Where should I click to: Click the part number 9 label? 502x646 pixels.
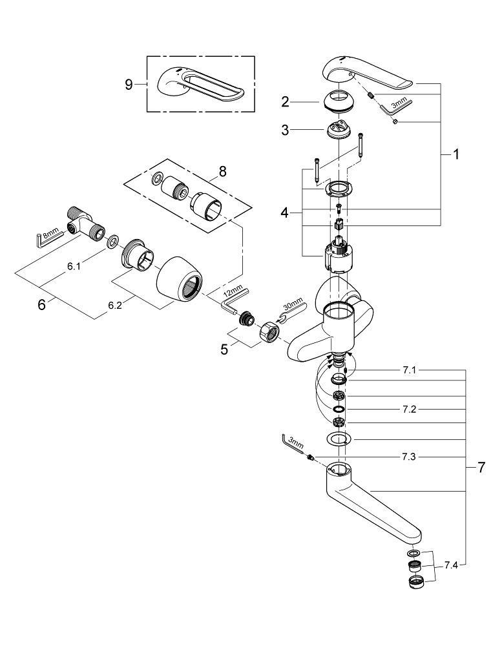coord(129,84)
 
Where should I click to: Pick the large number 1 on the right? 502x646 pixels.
coord(456,154)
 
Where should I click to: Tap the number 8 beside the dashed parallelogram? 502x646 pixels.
coord(223,172)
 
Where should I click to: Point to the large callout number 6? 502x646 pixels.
coord(41,304)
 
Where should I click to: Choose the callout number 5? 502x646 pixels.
coord(224,349)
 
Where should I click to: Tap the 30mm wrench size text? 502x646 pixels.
coord(292,304)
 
